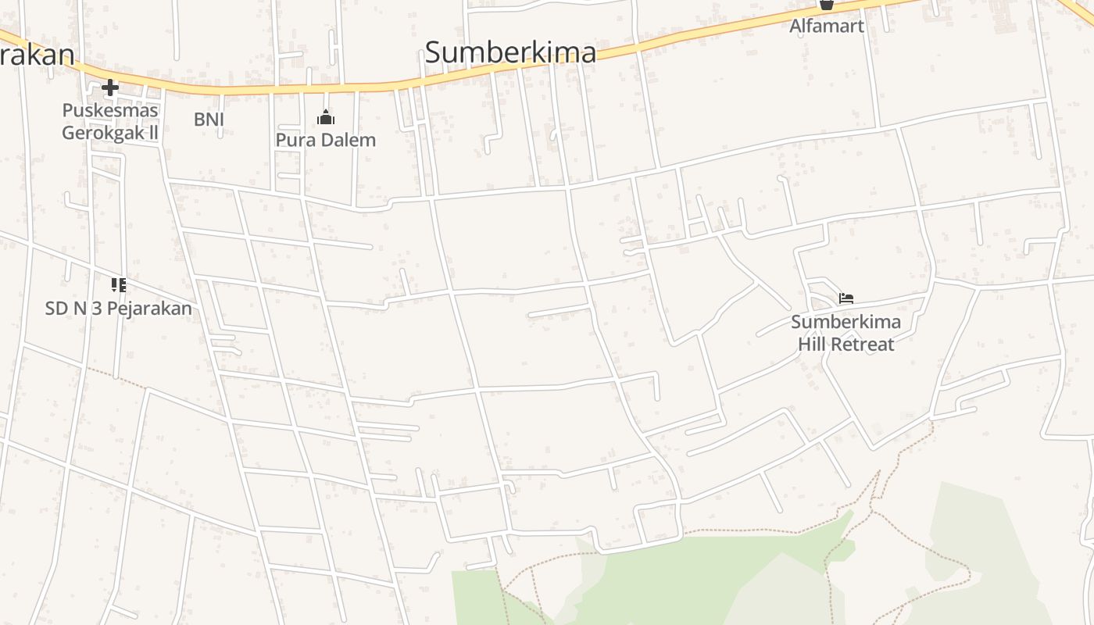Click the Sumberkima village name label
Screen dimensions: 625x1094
pos(510,52)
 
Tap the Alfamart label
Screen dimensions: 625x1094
pos(826,26)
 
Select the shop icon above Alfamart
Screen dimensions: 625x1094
pos(826,4)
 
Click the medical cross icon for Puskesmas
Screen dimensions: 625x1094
pos(110,87)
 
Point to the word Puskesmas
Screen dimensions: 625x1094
pos(110,110)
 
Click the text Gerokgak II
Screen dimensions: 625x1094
pos(110,132)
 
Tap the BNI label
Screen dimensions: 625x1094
pos(209,119)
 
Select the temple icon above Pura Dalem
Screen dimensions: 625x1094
pos(326,118)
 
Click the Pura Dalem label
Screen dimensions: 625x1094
pos(326,140)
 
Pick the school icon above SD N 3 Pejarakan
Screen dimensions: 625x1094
pos(118,284)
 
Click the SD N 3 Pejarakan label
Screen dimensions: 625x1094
pos(118,308)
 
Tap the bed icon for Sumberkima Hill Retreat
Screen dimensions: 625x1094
pos(846,298)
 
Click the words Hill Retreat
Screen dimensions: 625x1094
pos(846,344)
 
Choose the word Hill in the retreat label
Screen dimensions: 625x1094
pos(813,344)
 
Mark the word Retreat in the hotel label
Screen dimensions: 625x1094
pos(863,344)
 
